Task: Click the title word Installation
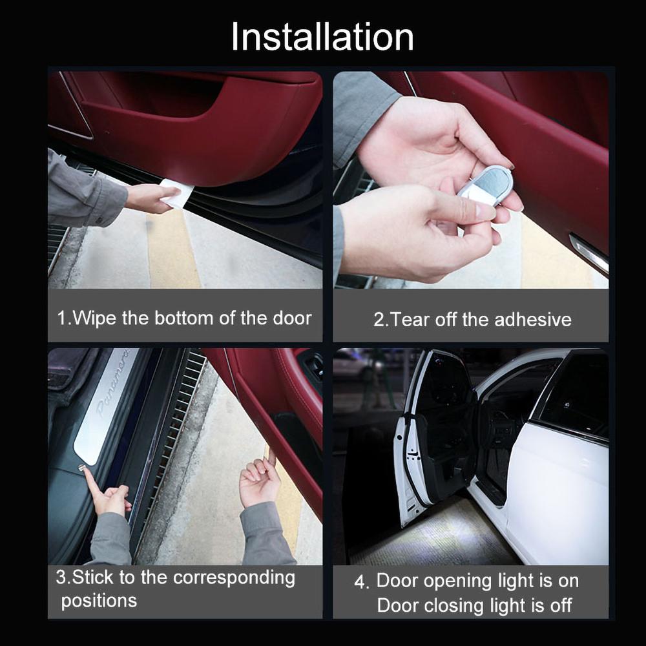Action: pyautogui.click(x=322, y=37)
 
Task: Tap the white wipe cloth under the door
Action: pyautogui.click(x=176, y=193)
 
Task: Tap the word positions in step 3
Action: pyautogui.click(x=99, y=601)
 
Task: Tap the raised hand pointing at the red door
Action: pyautogui.click(x=260, y=481)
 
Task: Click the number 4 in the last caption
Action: pyautogui.click(x=360, y=581)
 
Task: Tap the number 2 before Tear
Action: pyautogui.click(x=379, y=320)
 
